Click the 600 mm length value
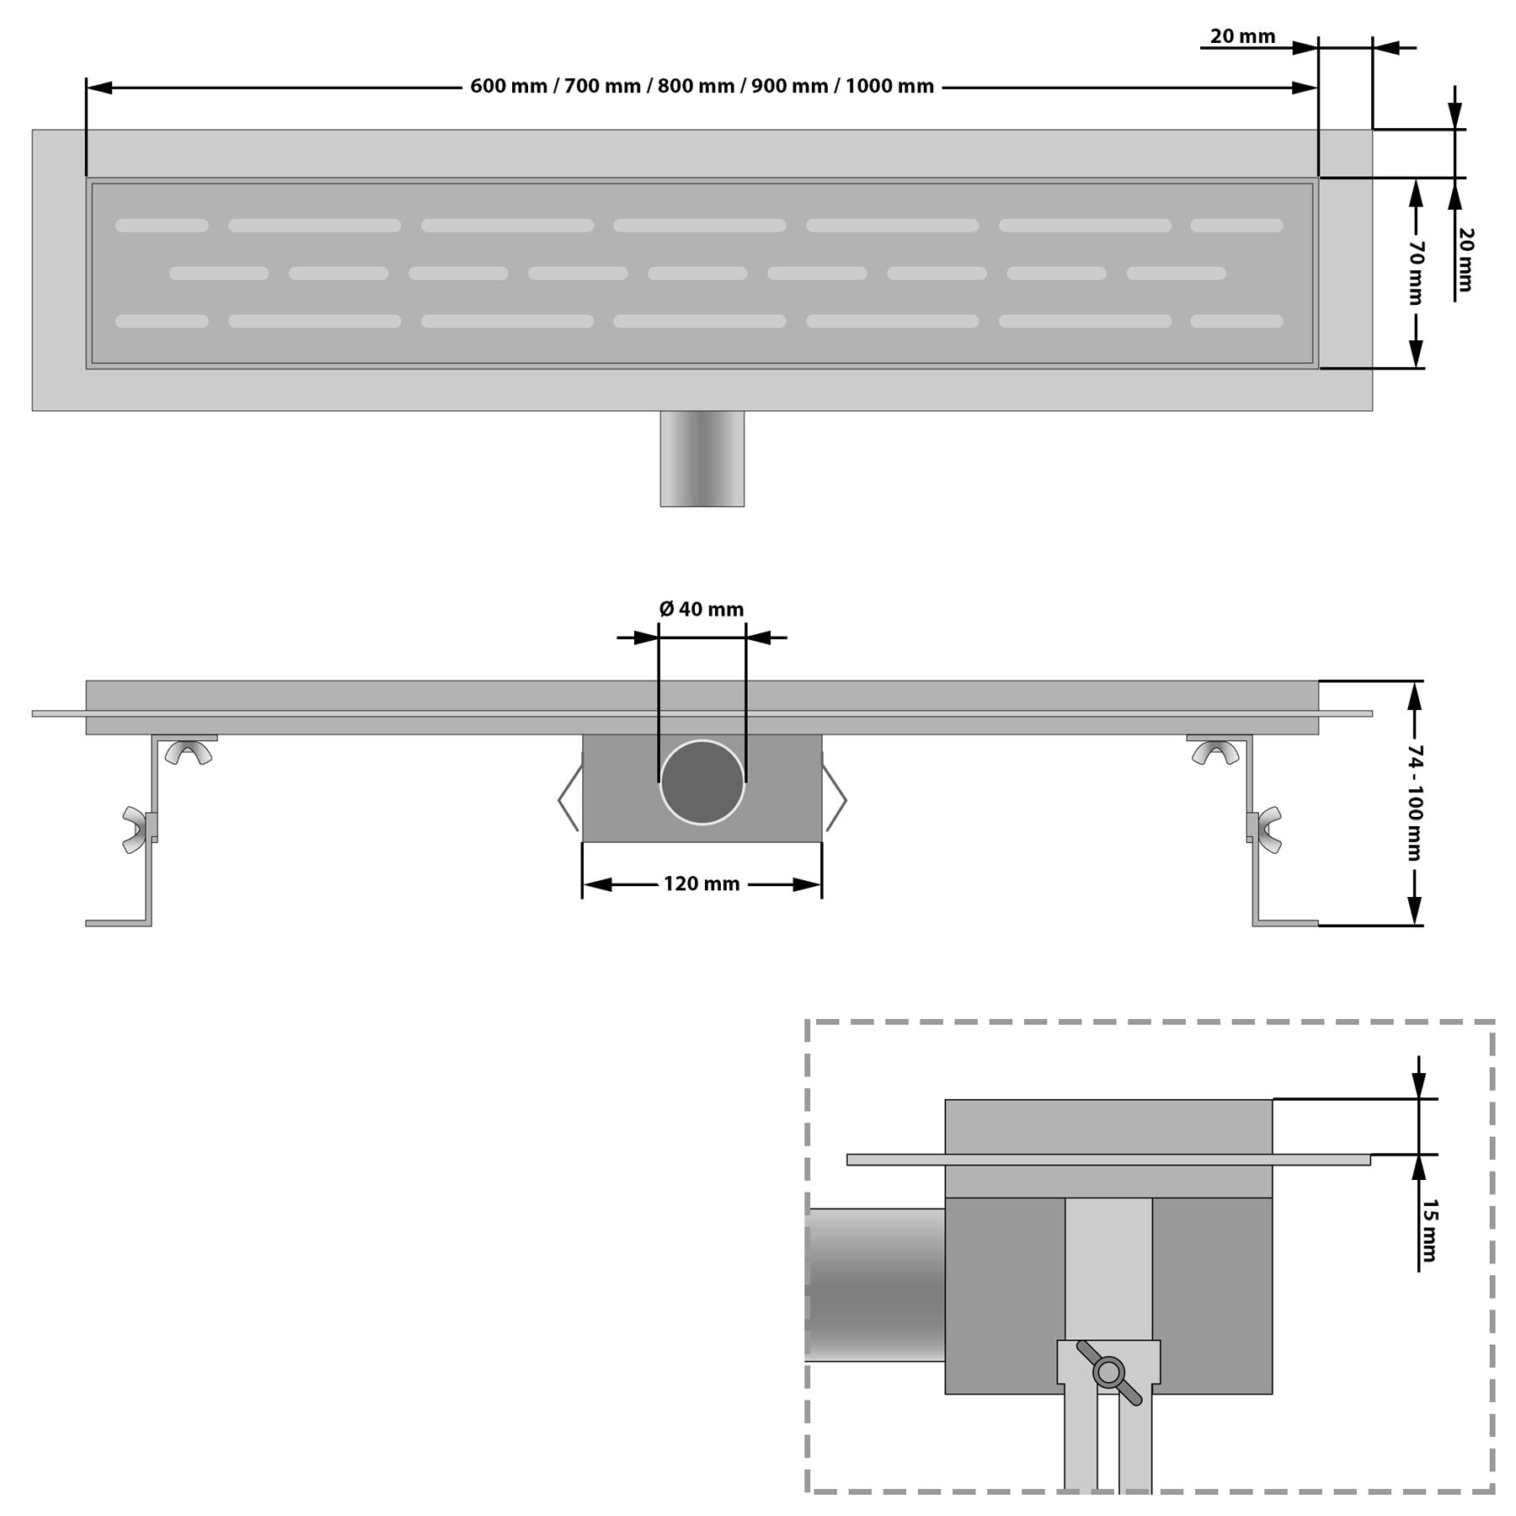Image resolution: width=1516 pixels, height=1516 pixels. [x=508, y=87]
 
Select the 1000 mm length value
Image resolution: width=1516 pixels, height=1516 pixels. [x=890, y=87]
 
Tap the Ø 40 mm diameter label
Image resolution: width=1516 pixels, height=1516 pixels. [x=702, y=609]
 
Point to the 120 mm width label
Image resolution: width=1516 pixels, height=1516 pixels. [x=702, y=883]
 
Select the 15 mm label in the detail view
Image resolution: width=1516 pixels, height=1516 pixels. [x=1428, y=1230]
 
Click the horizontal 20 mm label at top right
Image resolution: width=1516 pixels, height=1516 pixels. [x=1242, y=36]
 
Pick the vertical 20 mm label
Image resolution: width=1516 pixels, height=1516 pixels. [x=1465, y=259]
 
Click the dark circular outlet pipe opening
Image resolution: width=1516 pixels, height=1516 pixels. [x=702, y=782]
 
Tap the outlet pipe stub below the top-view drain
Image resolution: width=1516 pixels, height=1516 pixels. [x=702, y=458]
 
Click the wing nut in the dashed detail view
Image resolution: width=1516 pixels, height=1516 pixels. [x=1108, y=1372]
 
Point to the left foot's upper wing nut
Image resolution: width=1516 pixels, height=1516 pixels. [x=189, y=751]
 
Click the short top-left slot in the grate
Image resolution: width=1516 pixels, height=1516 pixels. [x=162, y=226]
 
